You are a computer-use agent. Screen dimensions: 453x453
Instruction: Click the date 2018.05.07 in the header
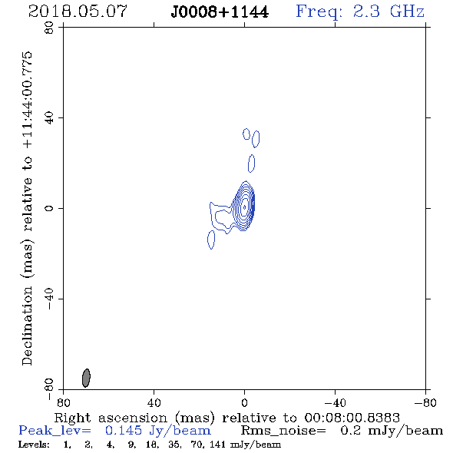click(78, 12)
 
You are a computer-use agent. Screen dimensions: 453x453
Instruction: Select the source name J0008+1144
click(220, 12)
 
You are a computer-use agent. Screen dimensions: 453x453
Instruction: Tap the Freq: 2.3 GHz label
click(360, 12)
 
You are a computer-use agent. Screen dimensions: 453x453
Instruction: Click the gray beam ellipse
click(86, 378)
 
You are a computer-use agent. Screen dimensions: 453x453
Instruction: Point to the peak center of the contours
click(244, 207)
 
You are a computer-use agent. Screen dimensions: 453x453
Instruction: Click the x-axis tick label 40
click(154, 403)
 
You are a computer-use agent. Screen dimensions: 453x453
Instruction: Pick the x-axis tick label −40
click(335, 403)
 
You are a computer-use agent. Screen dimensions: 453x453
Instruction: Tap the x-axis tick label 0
click(244, 403)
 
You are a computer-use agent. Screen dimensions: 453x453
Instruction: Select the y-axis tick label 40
click(49, 118)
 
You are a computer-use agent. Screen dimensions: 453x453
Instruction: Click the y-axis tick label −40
click(49, 299)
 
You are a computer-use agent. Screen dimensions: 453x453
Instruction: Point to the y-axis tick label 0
click(49, 208)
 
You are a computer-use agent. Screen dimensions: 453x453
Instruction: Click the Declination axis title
click(27, 208)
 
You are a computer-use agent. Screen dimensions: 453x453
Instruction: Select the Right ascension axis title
click(227, 418)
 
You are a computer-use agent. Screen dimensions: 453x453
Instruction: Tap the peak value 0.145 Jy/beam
click(158, 431)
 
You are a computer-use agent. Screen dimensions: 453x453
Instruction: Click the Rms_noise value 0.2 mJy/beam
click(392, 431)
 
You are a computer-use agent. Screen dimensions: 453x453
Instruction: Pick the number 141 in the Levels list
click(218, 444)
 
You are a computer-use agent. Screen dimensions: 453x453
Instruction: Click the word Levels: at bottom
click(34, 444)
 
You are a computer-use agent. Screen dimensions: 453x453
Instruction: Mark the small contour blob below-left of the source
click(211, 240)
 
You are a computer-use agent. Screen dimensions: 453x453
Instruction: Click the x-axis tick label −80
click(425, 403)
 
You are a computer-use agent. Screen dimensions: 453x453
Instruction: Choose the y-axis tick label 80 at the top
click(49, 28)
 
